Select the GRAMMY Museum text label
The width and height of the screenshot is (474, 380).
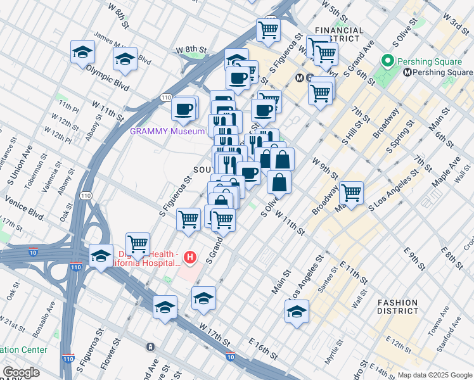click(x=167, y=132)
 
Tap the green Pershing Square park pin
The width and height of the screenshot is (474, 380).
click(x=387, y=62)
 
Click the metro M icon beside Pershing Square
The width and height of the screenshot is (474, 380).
click(x=407, y=72)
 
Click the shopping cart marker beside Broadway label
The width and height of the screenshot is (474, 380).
click(x=351, y=192)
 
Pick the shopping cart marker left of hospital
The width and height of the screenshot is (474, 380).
click(x=138, y=243)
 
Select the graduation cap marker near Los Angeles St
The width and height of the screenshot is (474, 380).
click(x=297, y=312)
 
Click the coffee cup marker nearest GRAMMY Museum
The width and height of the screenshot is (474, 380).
click(x=184, y=108)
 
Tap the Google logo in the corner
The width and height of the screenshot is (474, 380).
click(x=20, y=372)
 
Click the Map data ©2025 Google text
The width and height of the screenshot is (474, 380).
click(x=434, y=375)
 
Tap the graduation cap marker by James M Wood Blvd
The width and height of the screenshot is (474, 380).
click(x=125, y=60)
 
